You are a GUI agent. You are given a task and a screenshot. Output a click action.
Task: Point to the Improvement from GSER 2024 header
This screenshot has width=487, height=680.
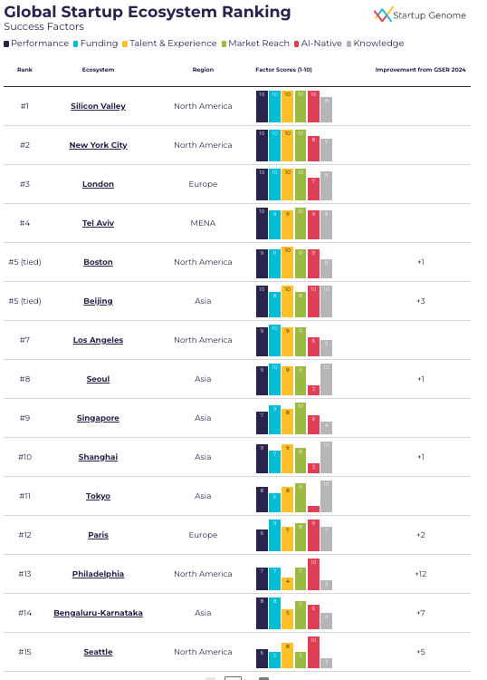pos(420,69)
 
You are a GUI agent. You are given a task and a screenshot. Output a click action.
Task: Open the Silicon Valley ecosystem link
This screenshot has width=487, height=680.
pos(98,106)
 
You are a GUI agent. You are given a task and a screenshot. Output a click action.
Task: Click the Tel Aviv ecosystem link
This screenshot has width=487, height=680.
pos(98,223)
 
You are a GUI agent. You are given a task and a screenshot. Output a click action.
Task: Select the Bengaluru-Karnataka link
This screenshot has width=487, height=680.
pos(98,613)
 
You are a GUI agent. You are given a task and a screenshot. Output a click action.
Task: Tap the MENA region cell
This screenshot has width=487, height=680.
pos(203,223)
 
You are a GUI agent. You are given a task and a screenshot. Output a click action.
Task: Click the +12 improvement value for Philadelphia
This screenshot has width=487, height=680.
pos(420,574)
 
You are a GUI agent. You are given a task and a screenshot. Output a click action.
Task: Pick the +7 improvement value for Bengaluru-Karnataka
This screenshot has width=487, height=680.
pos(420,613)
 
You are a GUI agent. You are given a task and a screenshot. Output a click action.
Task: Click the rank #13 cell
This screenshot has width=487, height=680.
pos(24,574)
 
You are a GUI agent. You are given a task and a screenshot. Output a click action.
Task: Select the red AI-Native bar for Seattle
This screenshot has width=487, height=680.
pos(313,652)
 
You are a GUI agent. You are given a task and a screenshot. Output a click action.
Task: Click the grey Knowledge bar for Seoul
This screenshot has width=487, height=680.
pos(326,379)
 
